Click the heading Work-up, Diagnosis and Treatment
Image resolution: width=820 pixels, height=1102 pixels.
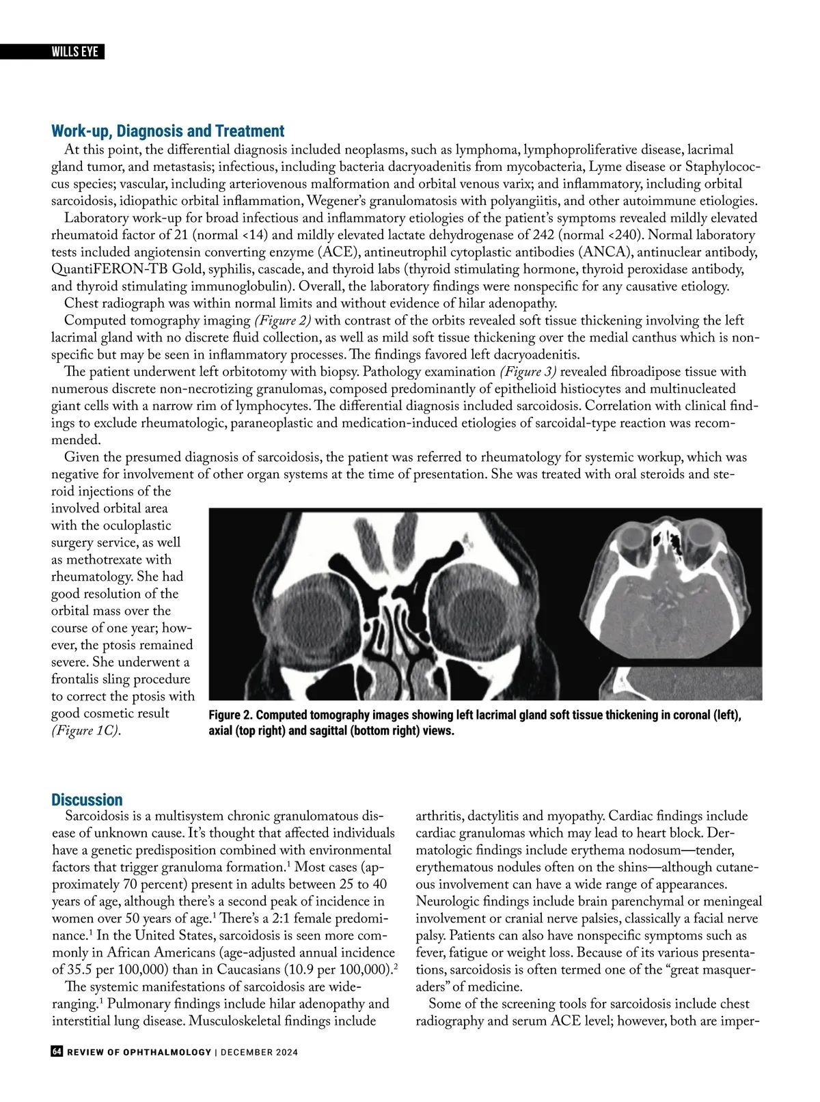[x=167, y=131]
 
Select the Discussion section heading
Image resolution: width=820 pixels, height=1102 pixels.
[x=87, y=799]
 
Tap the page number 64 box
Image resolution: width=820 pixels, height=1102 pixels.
[x=57, y=1051]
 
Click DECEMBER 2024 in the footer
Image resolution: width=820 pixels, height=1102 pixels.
[x=259, y=1052]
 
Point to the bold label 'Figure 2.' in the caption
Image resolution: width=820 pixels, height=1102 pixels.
[x=230, y=715]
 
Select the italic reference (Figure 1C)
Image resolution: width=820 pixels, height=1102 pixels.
[x=85, y=730]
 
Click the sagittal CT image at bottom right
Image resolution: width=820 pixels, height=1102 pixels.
[x=683, y=683]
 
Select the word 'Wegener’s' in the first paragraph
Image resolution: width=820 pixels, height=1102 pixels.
[x=338, y=201]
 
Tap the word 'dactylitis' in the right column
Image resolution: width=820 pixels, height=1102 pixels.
[x=493, y=816]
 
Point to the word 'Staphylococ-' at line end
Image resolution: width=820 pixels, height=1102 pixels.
[x=723, y=167]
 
